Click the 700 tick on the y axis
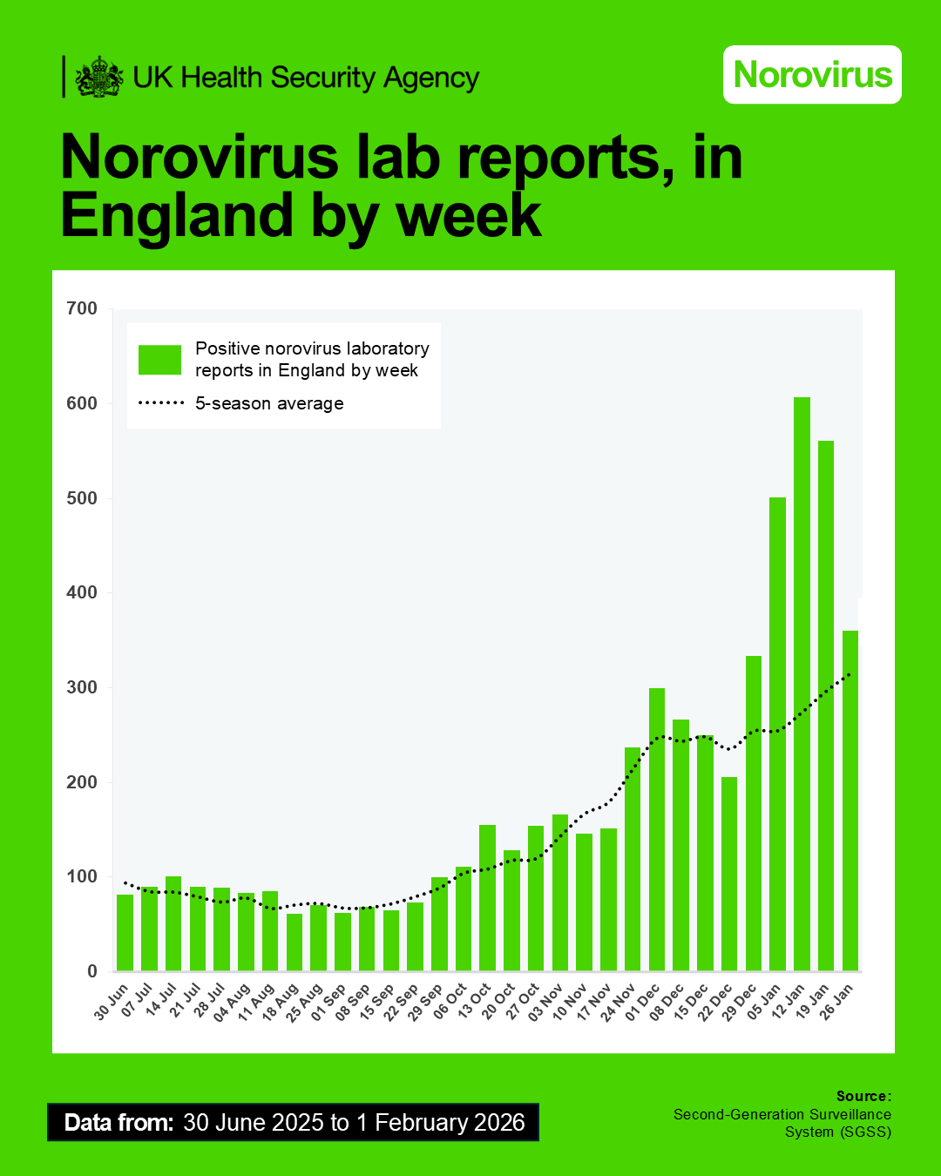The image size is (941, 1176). [x=82, y=308]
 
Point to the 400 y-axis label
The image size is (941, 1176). [x=82, y=592]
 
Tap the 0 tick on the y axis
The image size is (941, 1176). [x=92, y=971]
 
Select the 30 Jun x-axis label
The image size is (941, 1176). [x=112, y=1001]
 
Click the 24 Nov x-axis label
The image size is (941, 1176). [x=619, y=1002]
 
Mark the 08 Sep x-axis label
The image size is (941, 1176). [x=354, y=1002]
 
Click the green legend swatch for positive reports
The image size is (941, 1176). [x=159, y=360]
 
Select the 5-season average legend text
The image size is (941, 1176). [x=269, y=403]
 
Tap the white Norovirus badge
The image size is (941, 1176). [x=812, y=75]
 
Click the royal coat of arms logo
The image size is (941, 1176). [x=98, y=77]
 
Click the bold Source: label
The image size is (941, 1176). [x=863, y=1096]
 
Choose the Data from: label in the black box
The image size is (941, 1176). [x=118, y=1122]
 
